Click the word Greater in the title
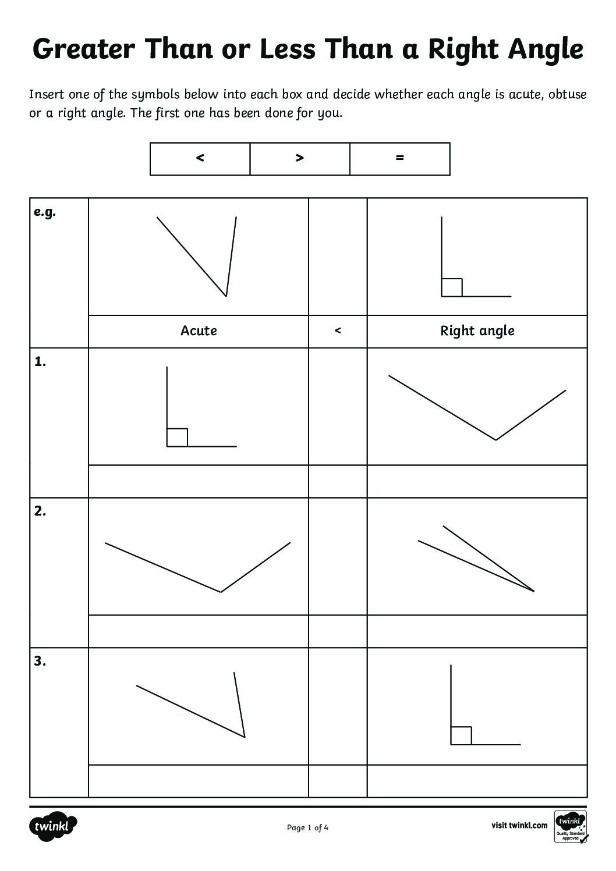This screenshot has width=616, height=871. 84,49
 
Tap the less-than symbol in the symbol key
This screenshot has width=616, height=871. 200,158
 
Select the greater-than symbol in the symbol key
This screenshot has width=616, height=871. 300,158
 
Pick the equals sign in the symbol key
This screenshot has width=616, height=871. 399,158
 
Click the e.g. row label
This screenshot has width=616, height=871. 45,212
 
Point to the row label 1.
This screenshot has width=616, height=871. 40,362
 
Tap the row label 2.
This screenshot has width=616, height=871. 40,511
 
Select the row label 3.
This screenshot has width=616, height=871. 40,661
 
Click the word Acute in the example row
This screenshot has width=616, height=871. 199,330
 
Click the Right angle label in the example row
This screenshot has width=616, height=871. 477,331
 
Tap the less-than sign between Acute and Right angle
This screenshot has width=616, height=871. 338,330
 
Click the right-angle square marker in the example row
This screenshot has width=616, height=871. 452,288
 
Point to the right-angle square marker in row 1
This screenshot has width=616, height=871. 177,438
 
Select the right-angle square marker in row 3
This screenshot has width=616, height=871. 461,735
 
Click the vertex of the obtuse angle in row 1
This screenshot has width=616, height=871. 495,440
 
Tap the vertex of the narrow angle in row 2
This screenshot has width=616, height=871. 534,591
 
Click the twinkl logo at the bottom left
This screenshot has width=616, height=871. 53,827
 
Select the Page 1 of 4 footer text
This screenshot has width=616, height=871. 307,828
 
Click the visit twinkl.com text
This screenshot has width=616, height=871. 519,825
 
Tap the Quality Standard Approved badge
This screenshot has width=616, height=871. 571,826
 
